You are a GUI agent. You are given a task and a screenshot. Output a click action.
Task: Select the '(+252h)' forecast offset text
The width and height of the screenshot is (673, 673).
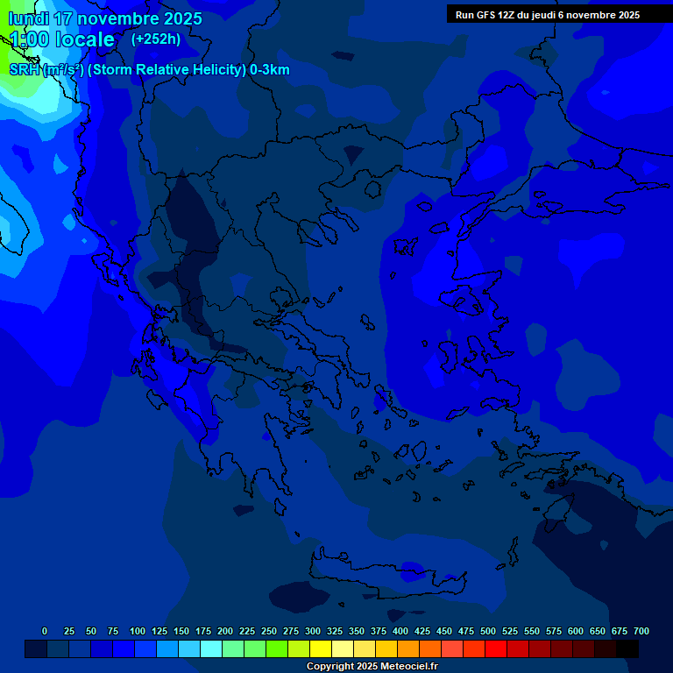156,39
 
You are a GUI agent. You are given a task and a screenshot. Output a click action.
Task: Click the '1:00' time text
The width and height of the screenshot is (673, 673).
29,39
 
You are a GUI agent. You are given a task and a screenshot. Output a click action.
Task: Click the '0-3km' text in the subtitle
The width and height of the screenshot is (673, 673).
270,70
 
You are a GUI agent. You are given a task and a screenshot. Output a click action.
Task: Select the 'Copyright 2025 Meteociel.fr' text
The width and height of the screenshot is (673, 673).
372,667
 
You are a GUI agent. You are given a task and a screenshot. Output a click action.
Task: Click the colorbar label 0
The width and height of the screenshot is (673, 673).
45,631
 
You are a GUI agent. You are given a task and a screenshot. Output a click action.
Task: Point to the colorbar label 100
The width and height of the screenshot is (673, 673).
138,631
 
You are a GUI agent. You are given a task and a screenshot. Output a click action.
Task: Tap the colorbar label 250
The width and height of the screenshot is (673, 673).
269,631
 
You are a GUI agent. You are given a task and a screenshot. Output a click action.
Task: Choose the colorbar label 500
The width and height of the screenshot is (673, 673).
488,631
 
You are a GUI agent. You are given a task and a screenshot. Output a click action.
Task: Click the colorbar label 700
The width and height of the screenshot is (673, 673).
641,631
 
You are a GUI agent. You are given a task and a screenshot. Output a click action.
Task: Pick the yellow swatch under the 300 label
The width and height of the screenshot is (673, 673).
321,649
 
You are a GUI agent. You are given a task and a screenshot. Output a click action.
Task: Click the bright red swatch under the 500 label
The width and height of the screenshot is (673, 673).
496,649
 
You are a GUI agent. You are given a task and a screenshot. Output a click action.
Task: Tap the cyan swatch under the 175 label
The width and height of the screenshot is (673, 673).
211,649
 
